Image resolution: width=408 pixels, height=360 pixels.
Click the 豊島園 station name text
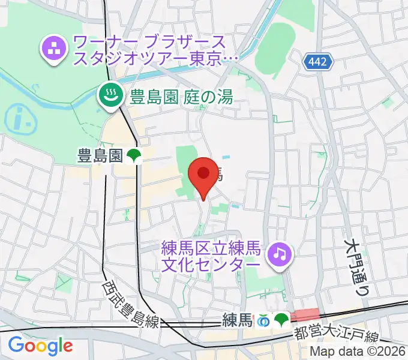pyautogui.click(x=100, y=157)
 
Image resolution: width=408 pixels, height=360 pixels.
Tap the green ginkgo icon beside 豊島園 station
pyautogui.click(x=133, y=157)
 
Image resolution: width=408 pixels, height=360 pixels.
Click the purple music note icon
pyautogui.click(x=278, y=254)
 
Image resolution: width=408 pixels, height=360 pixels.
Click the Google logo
pyautogui.click(x=40, y=345)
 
